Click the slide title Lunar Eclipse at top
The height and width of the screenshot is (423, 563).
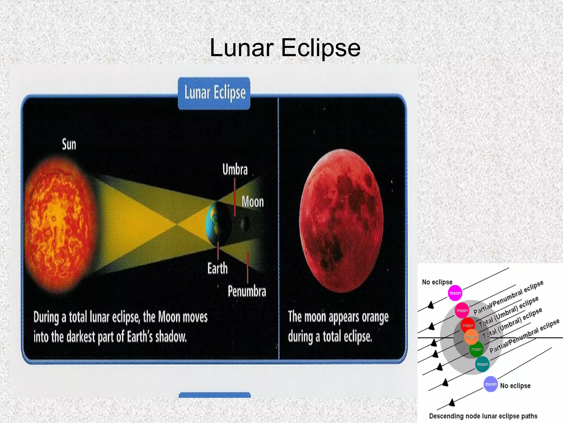pyautogui.click(x=285, y=48)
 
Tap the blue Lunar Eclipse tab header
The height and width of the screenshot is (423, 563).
pyautogui.click(x=214, y=93)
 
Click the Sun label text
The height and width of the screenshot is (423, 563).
pyautogui.click(x=69, y=145)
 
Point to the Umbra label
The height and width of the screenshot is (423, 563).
pyautogui.click(x=235, y=169)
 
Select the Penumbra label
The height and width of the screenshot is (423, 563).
pyautogui.click(x=247, y=291)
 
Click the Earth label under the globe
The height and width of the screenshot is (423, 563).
pyautogui.click(x=217, y=268)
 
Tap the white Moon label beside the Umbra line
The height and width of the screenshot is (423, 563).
pyautogui.click(x=253, y=202)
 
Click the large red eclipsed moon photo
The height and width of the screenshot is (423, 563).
pyautogui.click(x=341, y=220)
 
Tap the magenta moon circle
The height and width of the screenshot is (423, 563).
pyautogui.click(x=455, y=293)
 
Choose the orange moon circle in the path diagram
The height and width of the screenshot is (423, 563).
pyautogui.click(x=471, y=337)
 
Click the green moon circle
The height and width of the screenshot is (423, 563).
pyautogui.click(x=476, y=349)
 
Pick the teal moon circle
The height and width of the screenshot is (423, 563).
pyautogui.click(x=482, y=364)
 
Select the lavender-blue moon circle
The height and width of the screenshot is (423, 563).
pyautogui.click(x=491, y=384)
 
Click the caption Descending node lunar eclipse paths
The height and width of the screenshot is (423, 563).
pyautogui.click(x=483, y=416)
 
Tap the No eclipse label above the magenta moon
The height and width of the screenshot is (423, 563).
pyautogui.click(x=437, y=282)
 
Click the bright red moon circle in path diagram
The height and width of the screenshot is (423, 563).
pyautogui.click(x=468, y=325)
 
